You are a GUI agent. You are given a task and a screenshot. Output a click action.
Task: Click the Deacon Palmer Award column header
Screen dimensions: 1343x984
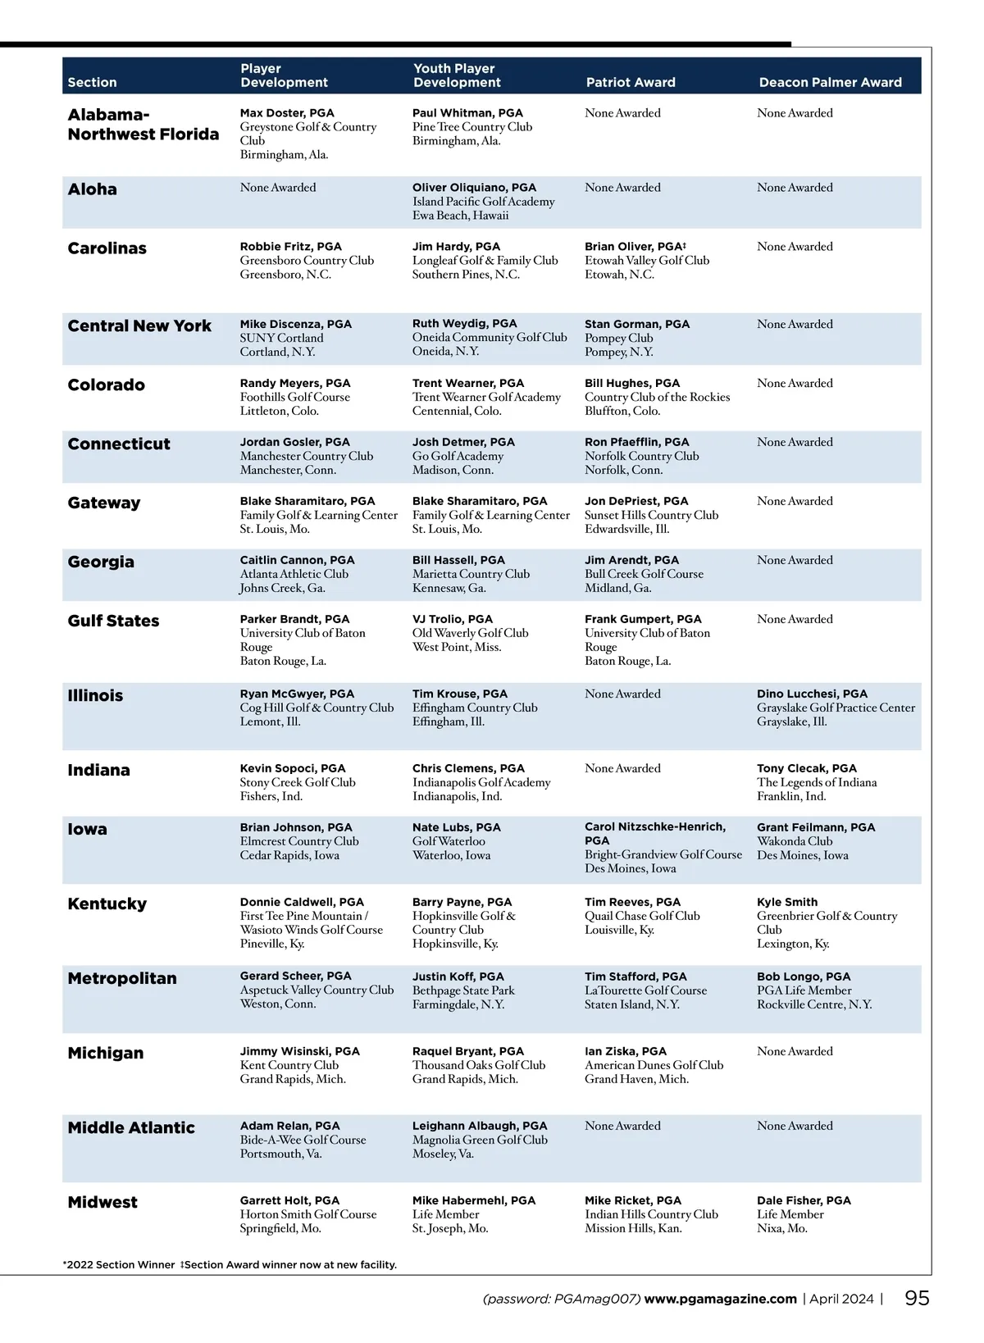pos(830,82)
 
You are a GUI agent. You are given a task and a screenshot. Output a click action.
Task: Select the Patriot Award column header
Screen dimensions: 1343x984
pos(631,82)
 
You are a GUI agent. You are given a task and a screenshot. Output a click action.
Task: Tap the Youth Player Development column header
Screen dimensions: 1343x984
pos(457,75)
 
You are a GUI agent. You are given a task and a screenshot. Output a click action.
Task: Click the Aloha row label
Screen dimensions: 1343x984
pos(92,189)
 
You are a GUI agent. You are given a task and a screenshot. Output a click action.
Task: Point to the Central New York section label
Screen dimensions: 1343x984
pos(139,326)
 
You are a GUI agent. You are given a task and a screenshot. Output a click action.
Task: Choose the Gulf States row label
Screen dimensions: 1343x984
pos(113,621)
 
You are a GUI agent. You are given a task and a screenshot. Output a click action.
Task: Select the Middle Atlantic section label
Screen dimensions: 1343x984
pos(131,1127)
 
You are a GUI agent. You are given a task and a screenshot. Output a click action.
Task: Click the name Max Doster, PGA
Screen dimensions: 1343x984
pos(287,113)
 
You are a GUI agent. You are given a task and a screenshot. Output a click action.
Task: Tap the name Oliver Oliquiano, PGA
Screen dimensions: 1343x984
pos(474,188)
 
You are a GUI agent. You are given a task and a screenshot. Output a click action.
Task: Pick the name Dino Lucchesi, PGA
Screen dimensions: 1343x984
pos(812,694)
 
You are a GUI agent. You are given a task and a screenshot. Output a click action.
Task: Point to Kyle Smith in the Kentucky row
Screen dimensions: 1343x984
pos(787,902)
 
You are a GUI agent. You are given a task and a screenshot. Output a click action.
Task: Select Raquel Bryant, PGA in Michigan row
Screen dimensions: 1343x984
pos(467,1051)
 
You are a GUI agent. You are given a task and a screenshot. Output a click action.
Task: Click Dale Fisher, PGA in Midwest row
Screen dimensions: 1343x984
pos(804,1200)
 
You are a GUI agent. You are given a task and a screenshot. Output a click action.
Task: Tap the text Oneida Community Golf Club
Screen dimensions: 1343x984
pos(490,337)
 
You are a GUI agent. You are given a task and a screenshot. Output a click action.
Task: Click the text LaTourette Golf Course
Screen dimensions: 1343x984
pos(645,990)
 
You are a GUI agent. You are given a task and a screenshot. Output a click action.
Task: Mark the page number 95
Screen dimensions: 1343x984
pos(917,1298)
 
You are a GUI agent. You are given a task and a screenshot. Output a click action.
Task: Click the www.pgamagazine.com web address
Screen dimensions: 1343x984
pos(720,1299)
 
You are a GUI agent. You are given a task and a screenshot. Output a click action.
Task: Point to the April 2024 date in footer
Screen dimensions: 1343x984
pos(841,1299)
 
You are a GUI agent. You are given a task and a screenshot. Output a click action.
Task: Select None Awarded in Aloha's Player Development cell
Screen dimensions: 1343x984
pos(278,188)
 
